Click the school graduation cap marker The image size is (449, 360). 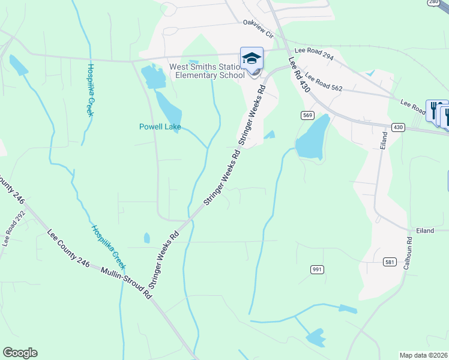(252, 58)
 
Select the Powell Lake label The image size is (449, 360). (160, 127)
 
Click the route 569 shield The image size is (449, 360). (308, 115)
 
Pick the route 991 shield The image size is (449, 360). (318, 269)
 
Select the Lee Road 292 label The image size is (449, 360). (14, 228)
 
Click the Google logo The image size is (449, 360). (20, 353)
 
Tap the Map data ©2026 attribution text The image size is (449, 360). (423, 355)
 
